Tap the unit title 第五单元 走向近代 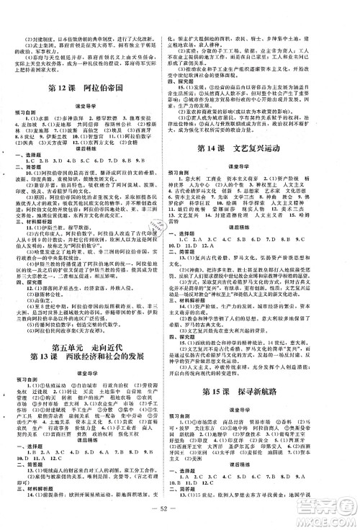[91, 327]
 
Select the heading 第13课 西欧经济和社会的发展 [91, 339]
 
